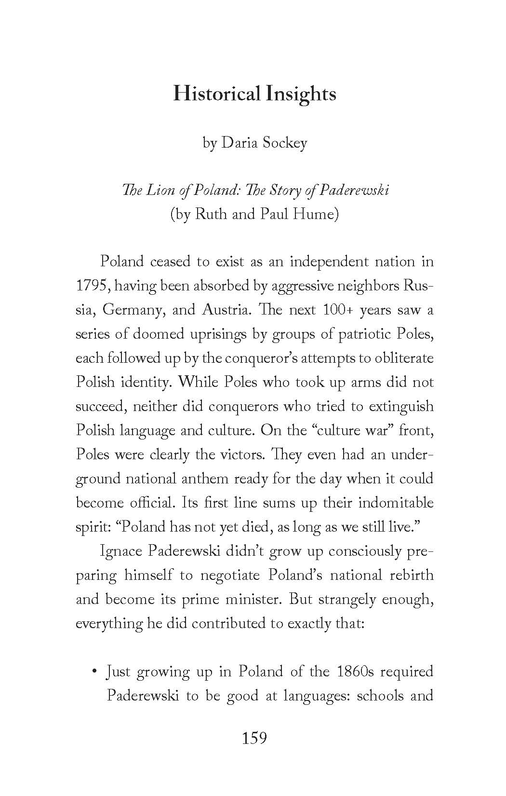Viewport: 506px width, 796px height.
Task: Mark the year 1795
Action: [91, 286]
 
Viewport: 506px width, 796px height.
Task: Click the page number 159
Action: [254, 738]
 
